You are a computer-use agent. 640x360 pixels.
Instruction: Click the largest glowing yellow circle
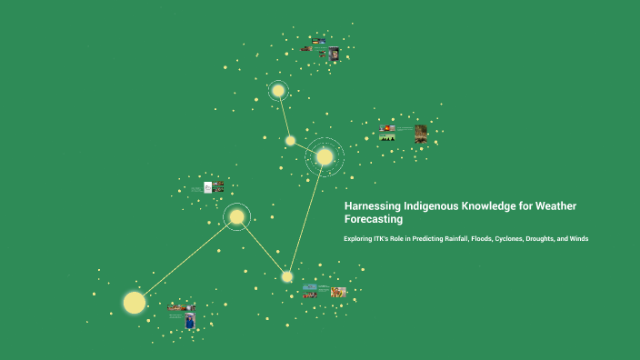tap(135, 302)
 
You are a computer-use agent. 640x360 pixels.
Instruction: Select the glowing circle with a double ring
tap(325, 156)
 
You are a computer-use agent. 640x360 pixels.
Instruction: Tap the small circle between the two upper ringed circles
tap(290, 140)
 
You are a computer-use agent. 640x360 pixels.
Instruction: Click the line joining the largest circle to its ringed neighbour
tap(186, 258)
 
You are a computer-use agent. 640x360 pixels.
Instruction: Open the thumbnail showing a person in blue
tap(189, 320)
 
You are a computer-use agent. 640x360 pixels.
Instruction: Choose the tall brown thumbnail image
tap(421, 134)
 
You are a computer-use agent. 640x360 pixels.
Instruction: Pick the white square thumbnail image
tap(208, 187)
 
